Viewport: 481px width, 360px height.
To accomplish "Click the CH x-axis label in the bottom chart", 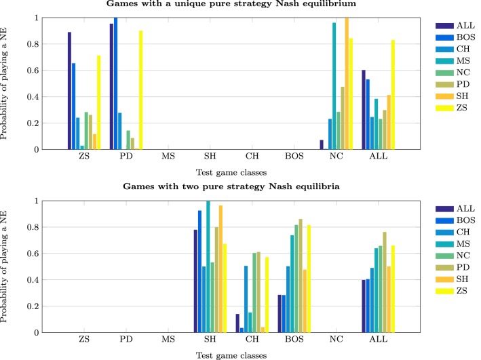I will click(x=252, y=340).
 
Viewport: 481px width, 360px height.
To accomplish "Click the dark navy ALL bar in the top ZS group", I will click(x=69, y=90).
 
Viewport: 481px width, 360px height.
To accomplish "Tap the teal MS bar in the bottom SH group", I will click(x=208, y=266).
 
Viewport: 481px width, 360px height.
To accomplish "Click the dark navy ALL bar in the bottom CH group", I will click(x=237, y=323).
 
